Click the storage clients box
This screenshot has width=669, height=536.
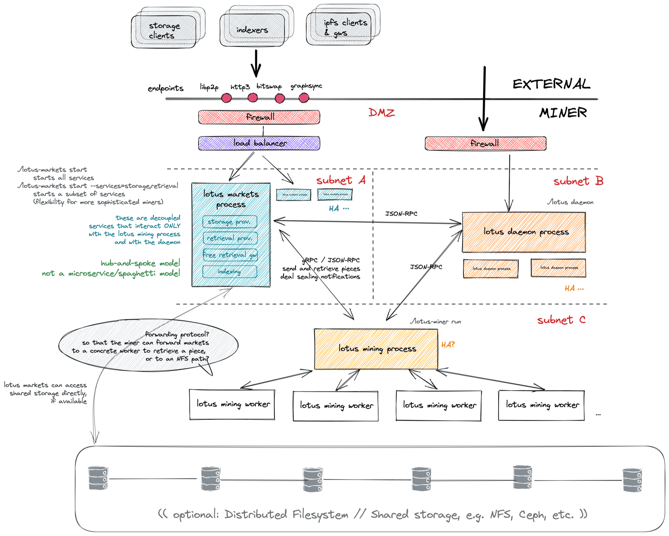[164, 31]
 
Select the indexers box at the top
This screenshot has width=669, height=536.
[252, 30]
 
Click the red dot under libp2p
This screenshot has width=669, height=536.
[226, 98]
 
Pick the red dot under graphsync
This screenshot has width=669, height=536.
[304, 98]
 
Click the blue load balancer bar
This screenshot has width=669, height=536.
[259, 143]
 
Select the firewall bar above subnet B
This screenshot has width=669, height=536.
[485, 143]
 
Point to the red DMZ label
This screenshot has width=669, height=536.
[381, 113]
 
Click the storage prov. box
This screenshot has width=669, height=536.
[230, 222]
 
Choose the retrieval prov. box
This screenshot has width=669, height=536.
[230, 238]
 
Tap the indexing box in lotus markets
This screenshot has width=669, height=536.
[230, 271]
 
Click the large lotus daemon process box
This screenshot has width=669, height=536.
[524, 232]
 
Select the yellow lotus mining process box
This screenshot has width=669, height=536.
[376, 349]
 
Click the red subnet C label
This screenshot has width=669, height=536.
[561, 320]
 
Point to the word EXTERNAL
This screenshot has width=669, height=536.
[551, 84]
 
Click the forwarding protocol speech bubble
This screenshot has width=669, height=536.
[148, 346]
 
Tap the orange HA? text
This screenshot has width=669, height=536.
[448, 345]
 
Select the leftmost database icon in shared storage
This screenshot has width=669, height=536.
[98, 478]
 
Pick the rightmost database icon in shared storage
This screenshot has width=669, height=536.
[632, 480]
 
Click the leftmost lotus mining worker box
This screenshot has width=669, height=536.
[232, 405]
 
